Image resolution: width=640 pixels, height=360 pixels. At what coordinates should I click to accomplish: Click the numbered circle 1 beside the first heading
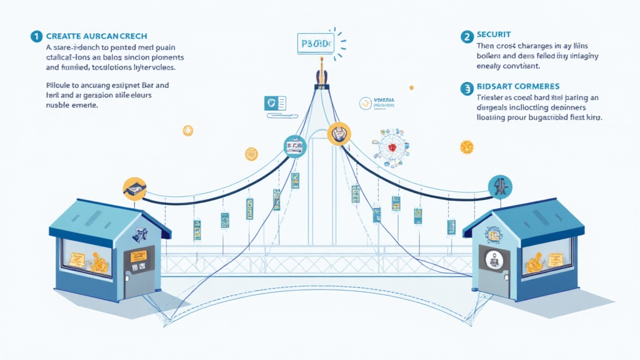(x=36, y=36)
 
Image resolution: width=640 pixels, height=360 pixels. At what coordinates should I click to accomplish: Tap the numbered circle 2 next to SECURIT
(x=466, y=37)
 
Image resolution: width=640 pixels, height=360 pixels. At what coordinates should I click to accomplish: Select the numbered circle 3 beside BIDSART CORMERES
(x=466, y=89)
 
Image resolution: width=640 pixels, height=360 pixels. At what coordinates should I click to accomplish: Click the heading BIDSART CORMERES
(x=517, y=86)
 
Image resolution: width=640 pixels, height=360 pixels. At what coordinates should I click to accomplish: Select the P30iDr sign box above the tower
(x=314, y=44)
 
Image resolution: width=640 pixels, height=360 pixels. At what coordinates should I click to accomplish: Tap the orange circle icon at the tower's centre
(x=339, y=133)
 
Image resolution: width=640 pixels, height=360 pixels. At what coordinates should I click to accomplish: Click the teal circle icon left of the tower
(x=294, y=146)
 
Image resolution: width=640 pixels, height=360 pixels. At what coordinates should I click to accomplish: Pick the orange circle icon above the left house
(x=134, y=187)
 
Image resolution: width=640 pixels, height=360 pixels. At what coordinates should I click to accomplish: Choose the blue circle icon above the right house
(x=500, y=185)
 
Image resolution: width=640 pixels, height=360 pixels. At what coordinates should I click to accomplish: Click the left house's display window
(x=86, y=257)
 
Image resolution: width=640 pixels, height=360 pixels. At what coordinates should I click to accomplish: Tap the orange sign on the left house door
(x=138, y=256)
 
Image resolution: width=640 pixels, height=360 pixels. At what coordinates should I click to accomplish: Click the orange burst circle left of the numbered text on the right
(x=466, y=147)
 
